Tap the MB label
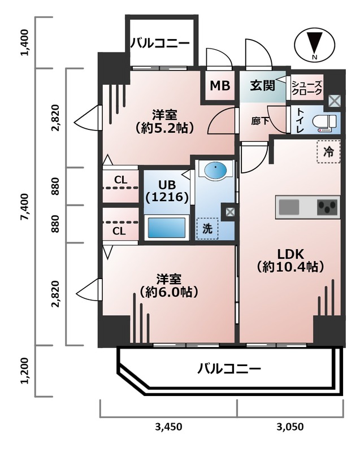(220, 86)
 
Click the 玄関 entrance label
(263, 86)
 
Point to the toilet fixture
(327, 121)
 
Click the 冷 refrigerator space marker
(328, 151)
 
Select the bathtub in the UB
(167, 228)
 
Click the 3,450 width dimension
(168, 427)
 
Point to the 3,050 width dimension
(290, 427)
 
